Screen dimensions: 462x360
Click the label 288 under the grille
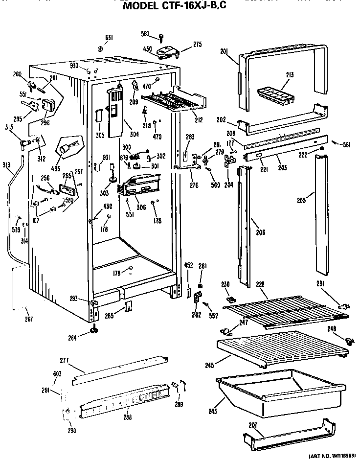point(128,417)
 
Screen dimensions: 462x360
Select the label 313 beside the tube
point(6,165)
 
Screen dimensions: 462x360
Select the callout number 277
point(64,361)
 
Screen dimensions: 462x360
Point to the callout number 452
point(188,266)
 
